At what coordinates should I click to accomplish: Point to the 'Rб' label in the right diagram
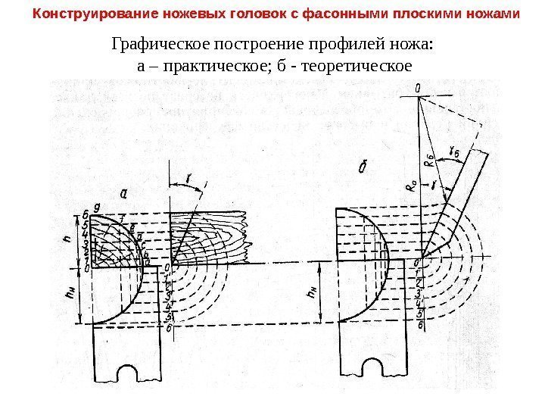(429, 160)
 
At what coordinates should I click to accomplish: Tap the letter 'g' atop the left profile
(96, 206)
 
